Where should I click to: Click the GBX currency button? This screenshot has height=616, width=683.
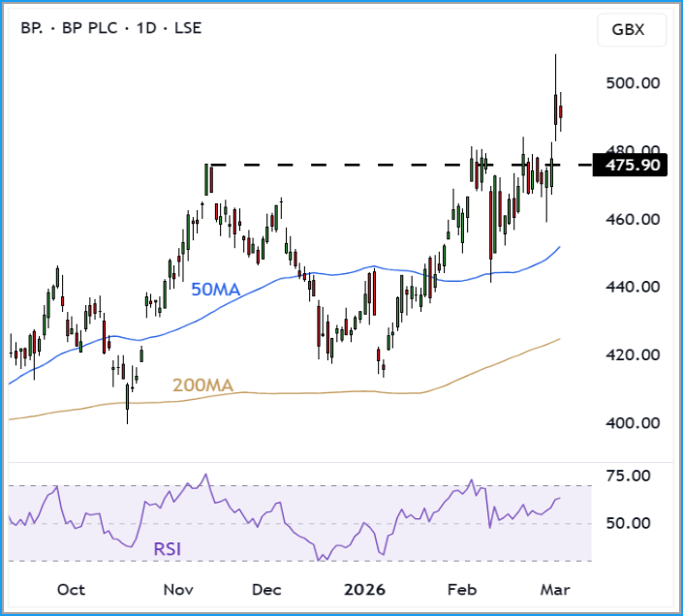[x=634, y=30]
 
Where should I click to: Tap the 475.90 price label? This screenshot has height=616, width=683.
[x=633, y=166]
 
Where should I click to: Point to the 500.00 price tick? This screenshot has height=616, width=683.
[x=633, y=83]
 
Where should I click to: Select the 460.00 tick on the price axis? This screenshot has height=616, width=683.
[x=633, y=220]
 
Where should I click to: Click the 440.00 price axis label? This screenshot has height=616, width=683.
[x=633, y=288]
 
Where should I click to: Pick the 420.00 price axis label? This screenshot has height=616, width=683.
[x=633, y=355]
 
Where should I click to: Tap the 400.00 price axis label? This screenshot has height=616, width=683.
[x=633, y=423]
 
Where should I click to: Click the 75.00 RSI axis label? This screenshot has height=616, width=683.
[x=627, y=476]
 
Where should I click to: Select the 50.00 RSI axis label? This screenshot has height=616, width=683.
[x=627, y=524]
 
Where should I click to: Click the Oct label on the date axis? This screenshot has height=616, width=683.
[x=71, y=590]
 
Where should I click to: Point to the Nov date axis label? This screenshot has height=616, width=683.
[x=178, y=590]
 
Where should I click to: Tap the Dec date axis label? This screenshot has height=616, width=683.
[x=266, y=590]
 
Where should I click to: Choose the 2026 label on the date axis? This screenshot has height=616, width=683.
[x=365, y=590]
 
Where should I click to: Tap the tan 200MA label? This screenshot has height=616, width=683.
[x=202, y=385]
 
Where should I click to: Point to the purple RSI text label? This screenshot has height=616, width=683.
[x=167, y=549]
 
